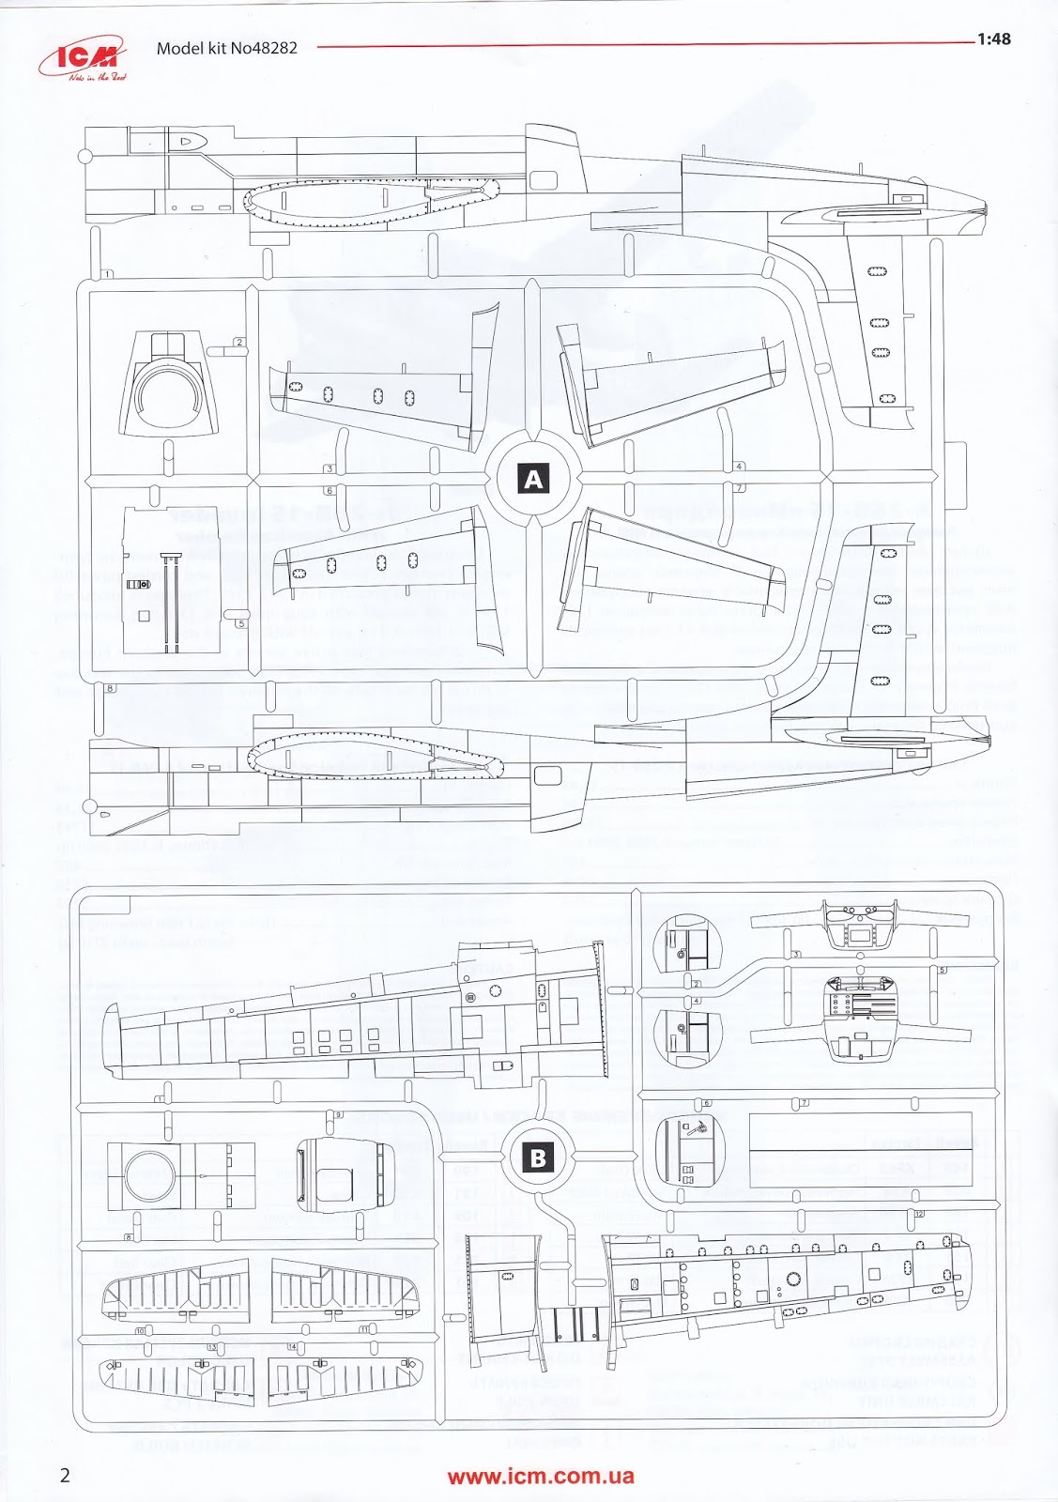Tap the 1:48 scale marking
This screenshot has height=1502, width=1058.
pos(993,39)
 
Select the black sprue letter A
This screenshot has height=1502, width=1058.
pos(533,480)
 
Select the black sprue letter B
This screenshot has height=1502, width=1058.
pos(538,1157)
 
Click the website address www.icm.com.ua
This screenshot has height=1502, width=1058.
pos(541,1476)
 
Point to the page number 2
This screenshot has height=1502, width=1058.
pos(65,1475)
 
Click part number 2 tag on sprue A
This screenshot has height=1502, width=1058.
pos(239,343)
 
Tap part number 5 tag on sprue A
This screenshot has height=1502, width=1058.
pos(241,623)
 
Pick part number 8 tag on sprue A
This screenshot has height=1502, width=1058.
pos(111,688)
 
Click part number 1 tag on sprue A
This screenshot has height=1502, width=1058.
pos(108,274)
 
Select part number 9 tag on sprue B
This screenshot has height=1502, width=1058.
pos(338,1114)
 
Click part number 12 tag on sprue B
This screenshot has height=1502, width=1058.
pos(919,1214)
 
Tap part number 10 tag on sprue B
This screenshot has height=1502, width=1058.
pos(141,1331)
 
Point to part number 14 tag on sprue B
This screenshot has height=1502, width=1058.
pos(292,1347)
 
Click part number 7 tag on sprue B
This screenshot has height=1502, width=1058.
pos(803,1102)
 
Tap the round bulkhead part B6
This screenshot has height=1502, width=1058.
pos(690,1151)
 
